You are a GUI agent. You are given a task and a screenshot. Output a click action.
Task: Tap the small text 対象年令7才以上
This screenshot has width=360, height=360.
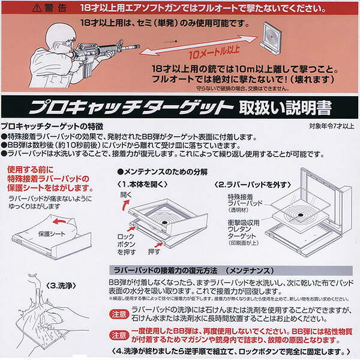333,127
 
